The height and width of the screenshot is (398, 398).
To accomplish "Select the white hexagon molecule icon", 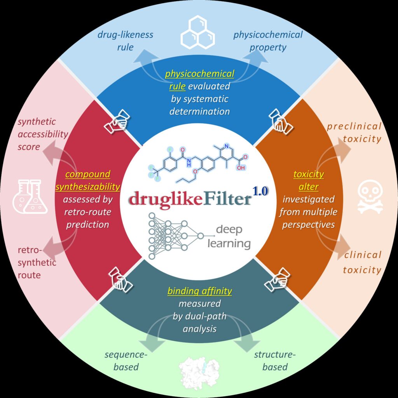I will click(x=198, y=32).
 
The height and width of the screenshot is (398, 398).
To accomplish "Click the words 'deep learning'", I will click(x=229, y=236).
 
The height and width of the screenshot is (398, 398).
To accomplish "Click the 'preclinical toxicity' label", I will click(x=354, y=133).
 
